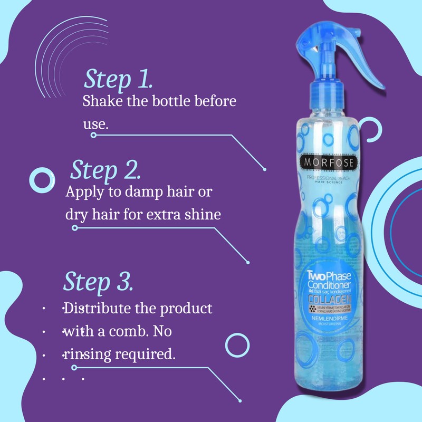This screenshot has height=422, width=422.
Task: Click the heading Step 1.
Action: pyautogui.click(x=118, y=80)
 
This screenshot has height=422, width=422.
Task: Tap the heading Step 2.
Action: pyautogui.click(x=105, y=170)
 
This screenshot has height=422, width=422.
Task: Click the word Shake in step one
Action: pyautogui.click(x=100, y=102)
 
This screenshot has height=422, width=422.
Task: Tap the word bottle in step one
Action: pyautogui.click(x=167, y=102)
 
